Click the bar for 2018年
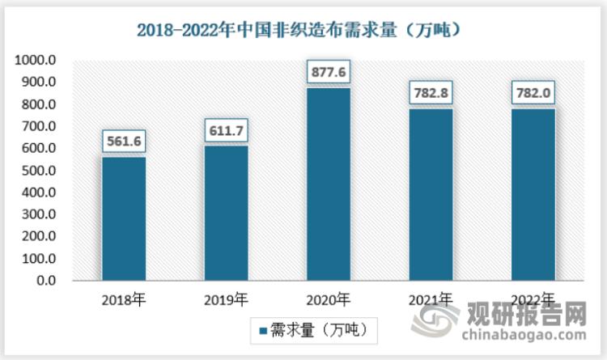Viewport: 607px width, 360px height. (x=124, y=219)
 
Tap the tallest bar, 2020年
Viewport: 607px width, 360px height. (x=329, y=184)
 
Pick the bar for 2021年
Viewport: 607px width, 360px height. (x=431, y=195)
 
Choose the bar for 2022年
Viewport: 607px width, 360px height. (x=533, y=195)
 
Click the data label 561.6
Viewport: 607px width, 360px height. (x=124, y=142)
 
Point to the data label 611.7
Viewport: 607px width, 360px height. (x=226, y=130)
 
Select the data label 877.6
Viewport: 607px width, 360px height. (x=329, y=72)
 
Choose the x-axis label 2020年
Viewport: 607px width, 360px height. (x=329, y=300)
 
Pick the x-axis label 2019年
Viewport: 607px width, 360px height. (x=226, y=300)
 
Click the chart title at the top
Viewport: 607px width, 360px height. (x=303, y=31)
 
